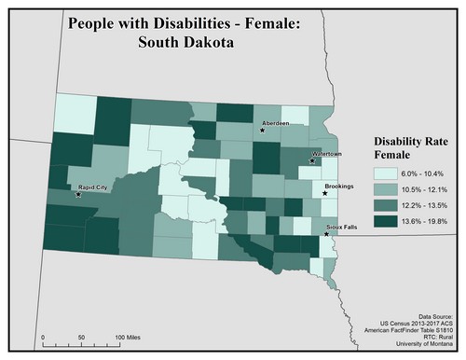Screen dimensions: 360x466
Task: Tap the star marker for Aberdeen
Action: coord(262,131)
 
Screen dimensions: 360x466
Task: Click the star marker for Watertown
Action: coord(312,160)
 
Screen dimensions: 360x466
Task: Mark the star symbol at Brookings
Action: coord(324,194)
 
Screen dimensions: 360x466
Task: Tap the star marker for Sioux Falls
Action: coord(325,234)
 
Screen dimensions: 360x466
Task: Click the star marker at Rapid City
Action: coord(77,195)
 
